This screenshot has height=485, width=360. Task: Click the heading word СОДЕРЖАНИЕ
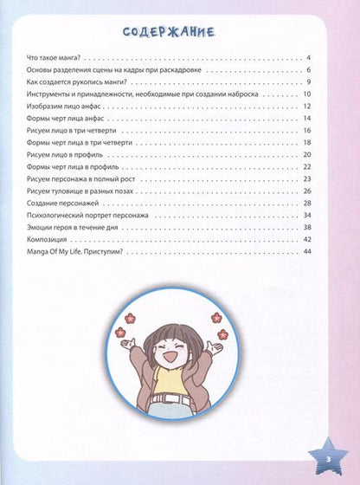(180, 32)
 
